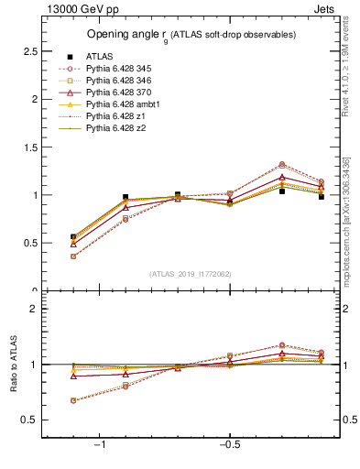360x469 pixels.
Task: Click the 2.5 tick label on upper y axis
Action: (29, 51)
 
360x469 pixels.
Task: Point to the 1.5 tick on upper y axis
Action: (29, 147)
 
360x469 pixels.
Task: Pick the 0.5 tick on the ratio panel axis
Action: (29, 420)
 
